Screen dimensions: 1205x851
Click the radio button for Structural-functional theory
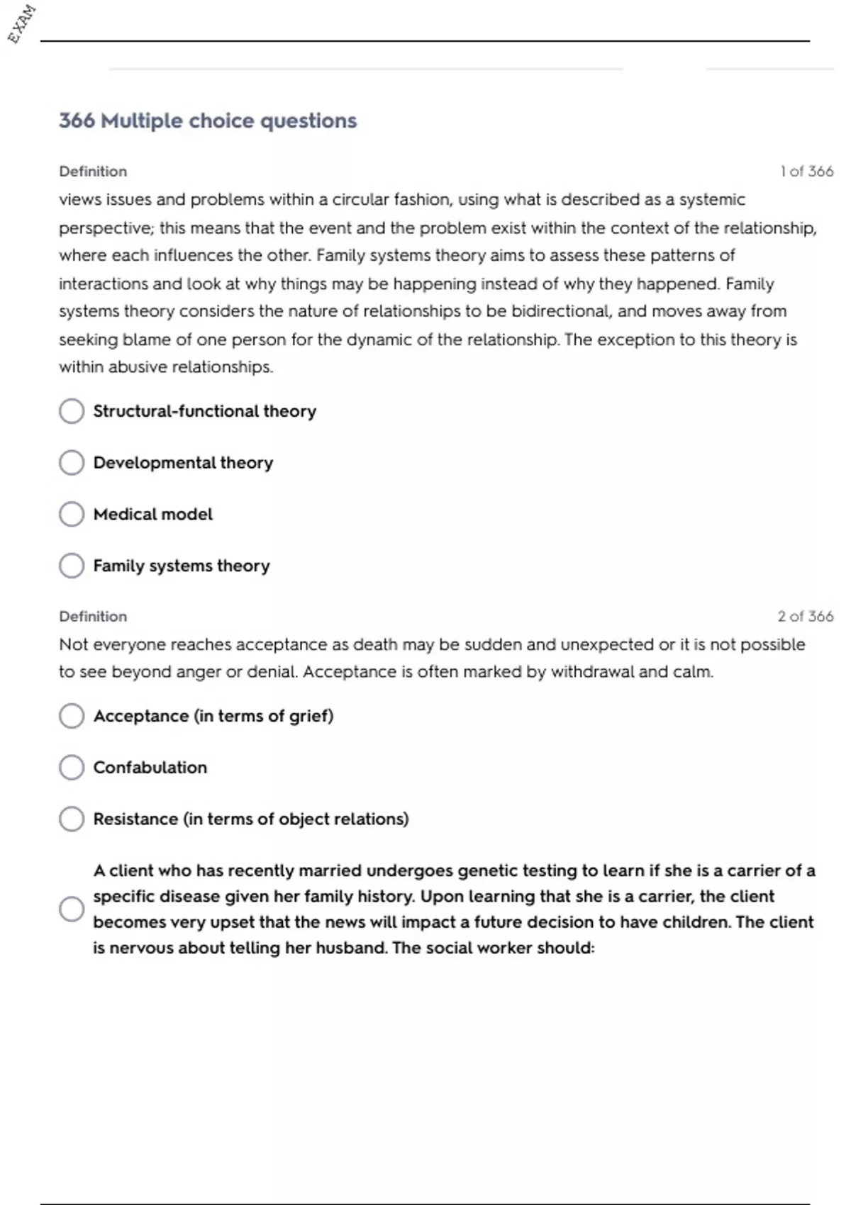tap(72, 411)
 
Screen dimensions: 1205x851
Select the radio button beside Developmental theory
tap(72, 463)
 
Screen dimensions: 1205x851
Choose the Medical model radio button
tap(72, 515)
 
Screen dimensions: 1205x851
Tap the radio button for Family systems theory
tap(72, 566)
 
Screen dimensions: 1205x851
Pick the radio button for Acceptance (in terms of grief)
tap(72, 716)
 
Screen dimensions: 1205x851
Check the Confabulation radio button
tap(72, 768)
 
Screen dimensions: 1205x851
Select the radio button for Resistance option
tap(72, 819)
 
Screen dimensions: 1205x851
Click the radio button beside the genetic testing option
tap(72, 909)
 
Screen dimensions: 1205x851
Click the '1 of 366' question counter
tap(806, 172)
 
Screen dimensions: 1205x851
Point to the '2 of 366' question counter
tap(805, 617)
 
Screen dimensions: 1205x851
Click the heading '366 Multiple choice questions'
tap(208, 121)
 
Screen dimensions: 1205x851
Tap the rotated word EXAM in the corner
tap(21, 24)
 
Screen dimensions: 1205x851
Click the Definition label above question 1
tap(93, 172)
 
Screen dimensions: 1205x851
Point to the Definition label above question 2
tap(93, 617)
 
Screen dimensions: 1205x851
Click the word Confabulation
tap(150, 768)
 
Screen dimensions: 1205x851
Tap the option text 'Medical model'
tap(153, 515)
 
